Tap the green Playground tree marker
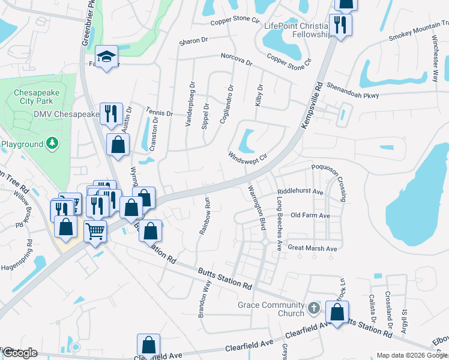(53, 143)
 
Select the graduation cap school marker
(106, 57)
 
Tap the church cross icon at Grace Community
(313, 308)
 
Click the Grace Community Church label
(271, 309)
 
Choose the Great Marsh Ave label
(312, 248)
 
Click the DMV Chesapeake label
(66, 114)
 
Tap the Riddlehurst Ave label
(300, 192)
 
